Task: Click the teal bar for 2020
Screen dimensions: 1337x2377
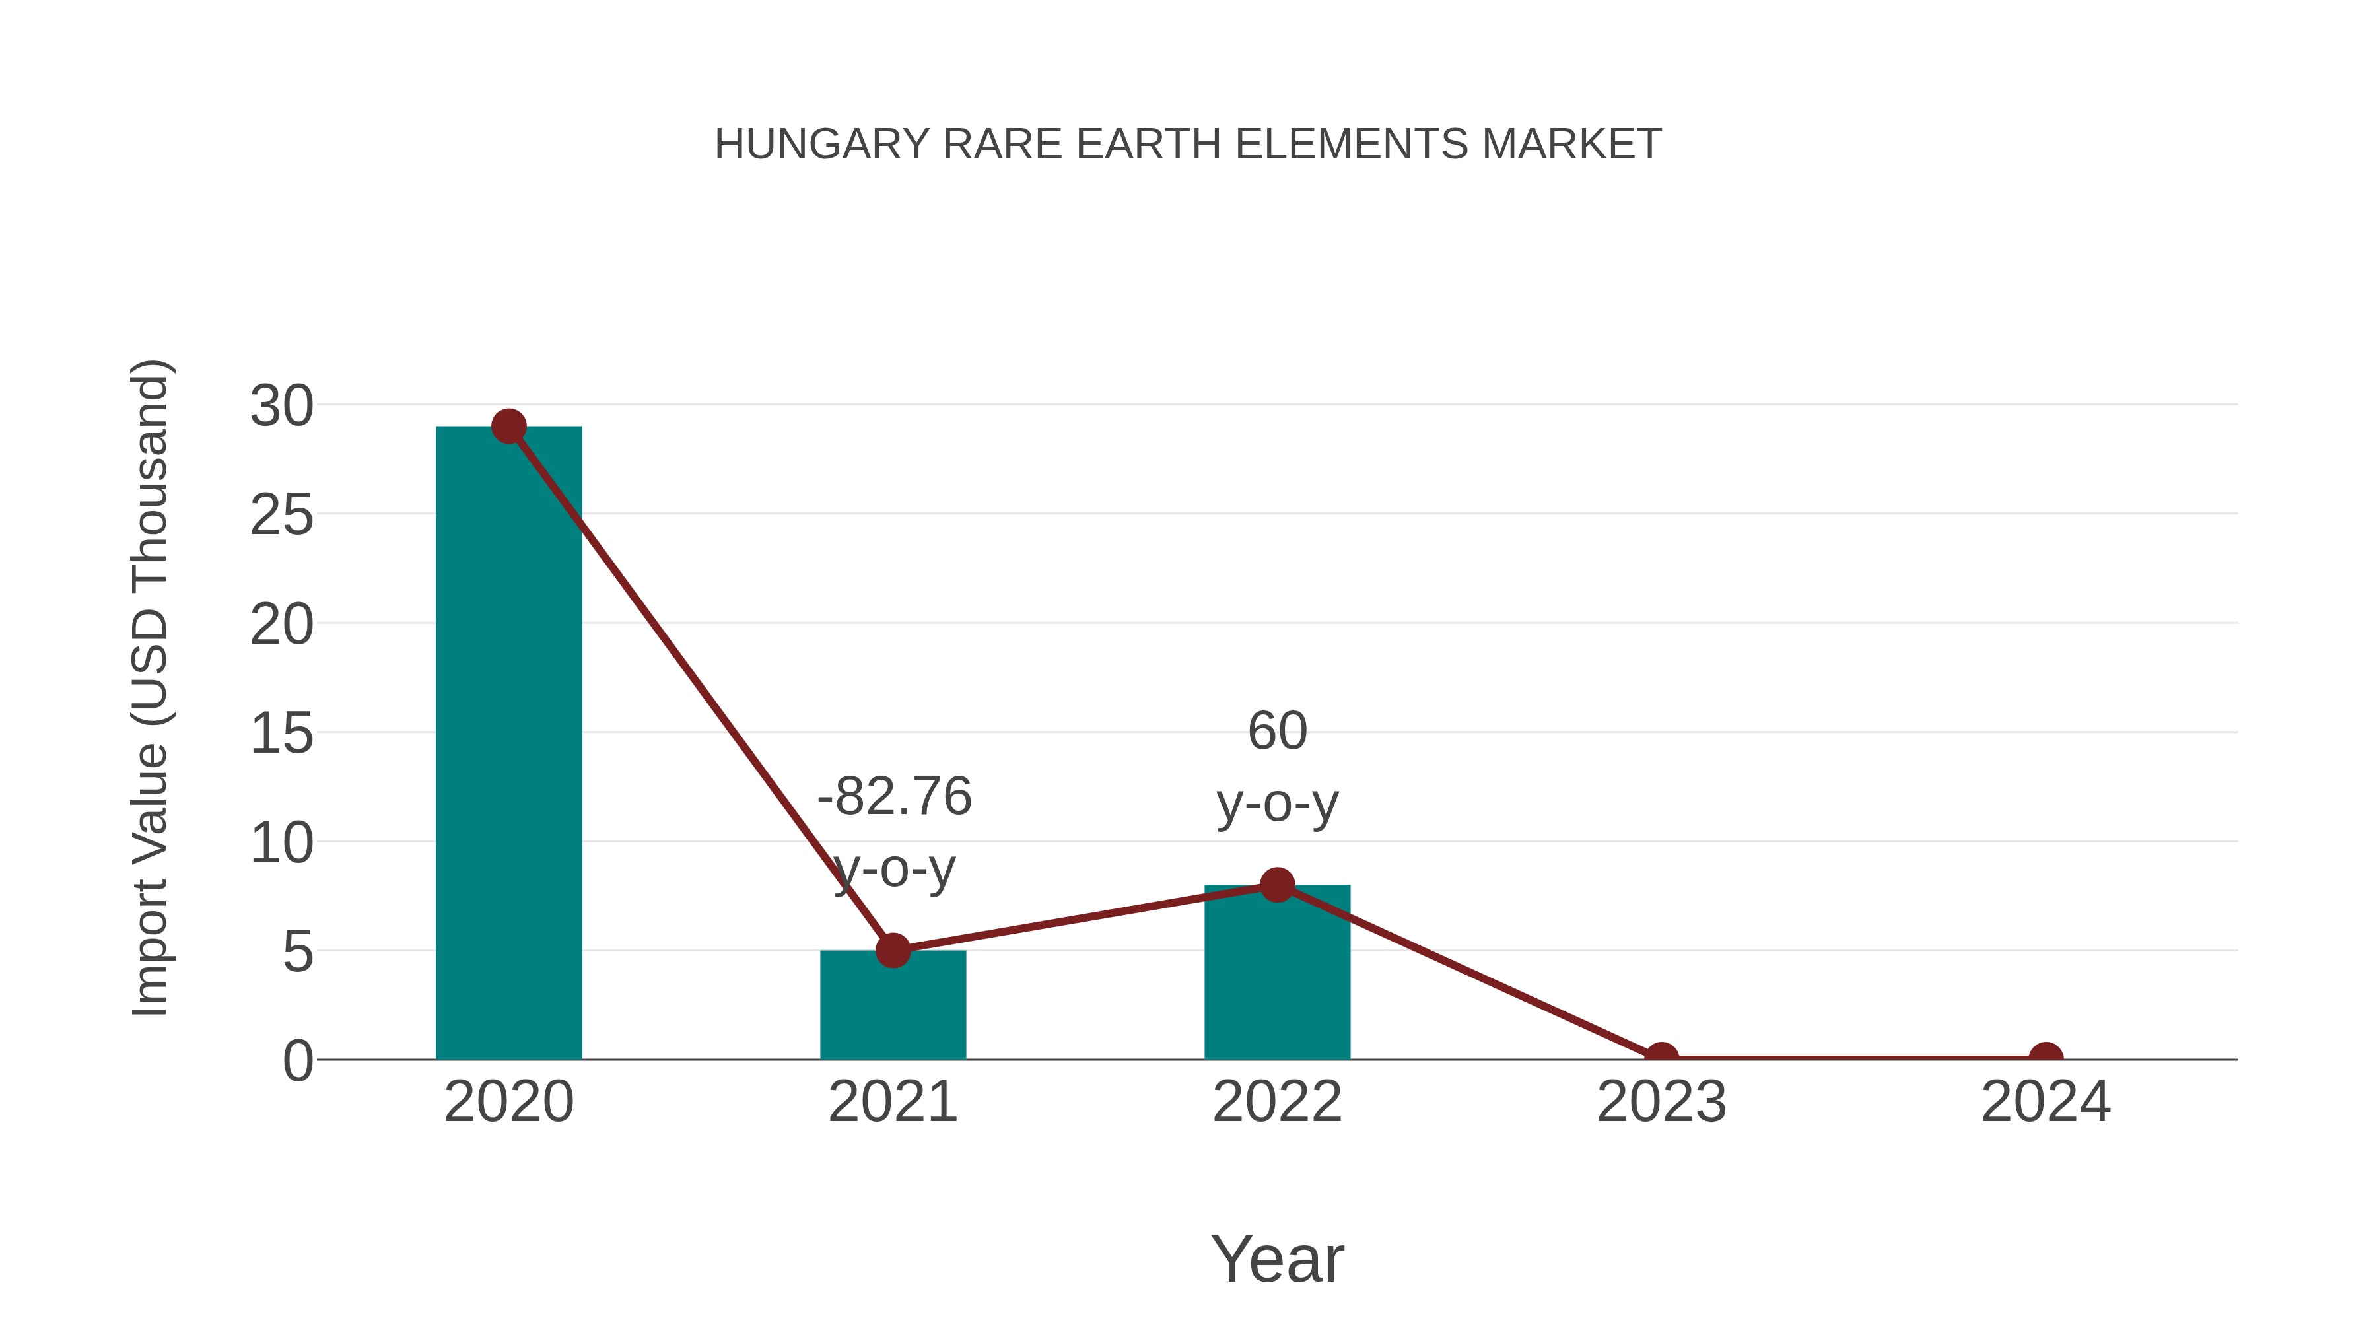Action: tap(508, 743)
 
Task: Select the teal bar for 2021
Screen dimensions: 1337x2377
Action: tap(892, 1005)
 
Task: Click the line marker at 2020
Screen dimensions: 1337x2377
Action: tap(508, 427)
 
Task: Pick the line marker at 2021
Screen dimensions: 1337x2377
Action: tap(892, 949)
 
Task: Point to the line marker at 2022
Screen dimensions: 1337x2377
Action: tap(1277, 885)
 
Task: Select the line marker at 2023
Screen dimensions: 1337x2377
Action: tap(1661, 1058)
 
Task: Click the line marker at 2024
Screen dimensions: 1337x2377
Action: tap(2046, 1058)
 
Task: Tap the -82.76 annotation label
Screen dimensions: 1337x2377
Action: tap(894, 796)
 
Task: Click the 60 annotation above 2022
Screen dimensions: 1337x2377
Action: tap(1277, 732)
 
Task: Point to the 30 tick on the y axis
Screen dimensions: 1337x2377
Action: tap(281, 406)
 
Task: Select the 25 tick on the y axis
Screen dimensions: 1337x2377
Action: tap(281, 515)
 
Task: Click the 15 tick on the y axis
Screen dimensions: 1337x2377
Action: tap(281, 734)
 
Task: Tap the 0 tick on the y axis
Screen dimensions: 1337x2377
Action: tap(297, 1061)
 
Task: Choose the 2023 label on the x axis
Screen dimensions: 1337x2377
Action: tap(1661, 1102)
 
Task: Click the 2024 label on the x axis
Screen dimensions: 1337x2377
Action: tap(2046, 1102)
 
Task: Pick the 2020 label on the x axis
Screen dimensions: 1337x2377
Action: tap(508, 1102)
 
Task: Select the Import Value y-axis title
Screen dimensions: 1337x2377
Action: tap(149, 687)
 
